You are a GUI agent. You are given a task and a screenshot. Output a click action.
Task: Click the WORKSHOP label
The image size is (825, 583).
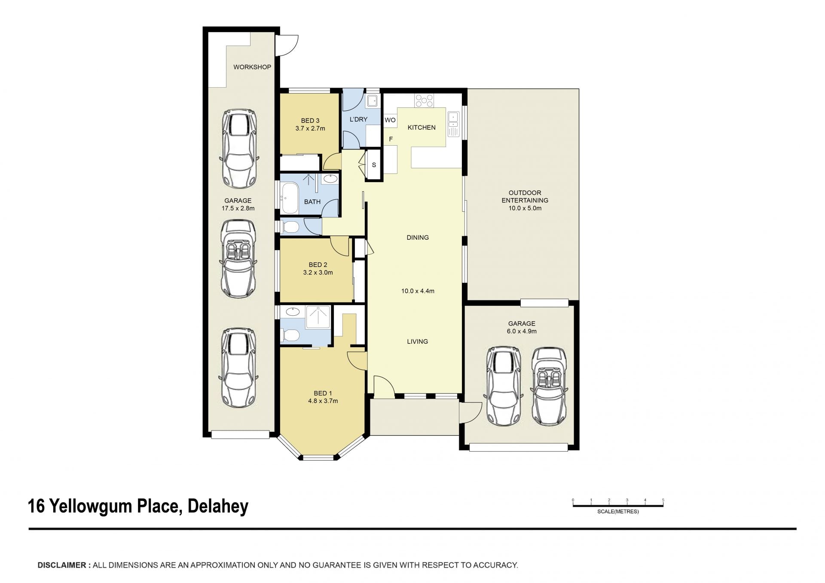[x=252, y=67]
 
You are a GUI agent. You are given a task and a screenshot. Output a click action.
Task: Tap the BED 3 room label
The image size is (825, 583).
[x=310, y=121]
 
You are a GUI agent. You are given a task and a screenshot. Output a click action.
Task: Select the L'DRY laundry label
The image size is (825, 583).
[x=358, y=119]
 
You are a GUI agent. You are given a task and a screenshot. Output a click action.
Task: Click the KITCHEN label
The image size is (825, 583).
[x=422, y=128]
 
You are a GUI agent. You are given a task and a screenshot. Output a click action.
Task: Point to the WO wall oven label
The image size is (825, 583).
[x=390, y=120]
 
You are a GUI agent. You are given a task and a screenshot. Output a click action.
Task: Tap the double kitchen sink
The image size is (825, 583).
[x=453, y=124]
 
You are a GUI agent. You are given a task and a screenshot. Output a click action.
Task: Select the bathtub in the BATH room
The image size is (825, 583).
[x=290, y=198]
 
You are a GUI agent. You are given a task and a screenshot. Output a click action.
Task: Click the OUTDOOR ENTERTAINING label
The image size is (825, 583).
[x=525, y=196]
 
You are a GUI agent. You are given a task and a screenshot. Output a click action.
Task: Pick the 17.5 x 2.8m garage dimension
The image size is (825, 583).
[x=238, y=208]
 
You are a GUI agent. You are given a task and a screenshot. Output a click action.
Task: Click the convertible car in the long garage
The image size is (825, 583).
[x=238, y=259]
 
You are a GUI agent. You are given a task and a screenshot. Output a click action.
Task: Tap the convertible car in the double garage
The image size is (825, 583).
[x=550, y=387]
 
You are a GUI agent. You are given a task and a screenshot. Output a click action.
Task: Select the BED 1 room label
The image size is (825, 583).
[x=323, y=393]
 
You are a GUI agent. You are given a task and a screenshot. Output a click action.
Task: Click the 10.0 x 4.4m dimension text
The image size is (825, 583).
[x=418, y=291]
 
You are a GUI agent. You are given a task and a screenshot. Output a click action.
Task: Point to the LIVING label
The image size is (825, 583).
[x=418, y=342]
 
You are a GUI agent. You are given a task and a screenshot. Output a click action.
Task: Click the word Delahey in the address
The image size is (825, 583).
[x=218, y=506]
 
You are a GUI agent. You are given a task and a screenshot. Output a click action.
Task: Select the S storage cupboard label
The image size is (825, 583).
[x=374, y=165]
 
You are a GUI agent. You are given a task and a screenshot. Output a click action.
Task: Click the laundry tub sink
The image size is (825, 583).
[x=372, y=101]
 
